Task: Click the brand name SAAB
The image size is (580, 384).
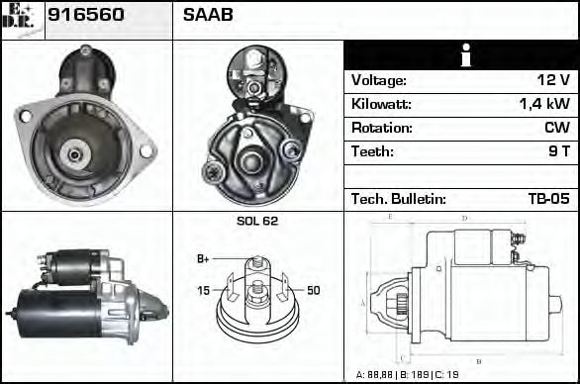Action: point(208,16)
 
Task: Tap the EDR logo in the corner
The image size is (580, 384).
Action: point(22,19)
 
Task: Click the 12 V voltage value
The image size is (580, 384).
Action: point(552,80)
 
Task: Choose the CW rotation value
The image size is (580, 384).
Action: point(556,128)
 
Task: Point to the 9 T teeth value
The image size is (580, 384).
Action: point(559,151)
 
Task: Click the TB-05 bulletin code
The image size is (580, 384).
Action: point(548,199)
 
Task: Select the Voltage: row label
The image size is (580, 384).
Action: point(379,80)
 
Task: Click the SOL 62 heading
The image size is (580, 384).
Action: point(257,221)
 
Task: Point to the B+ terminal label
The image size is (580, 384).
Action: point(203,259)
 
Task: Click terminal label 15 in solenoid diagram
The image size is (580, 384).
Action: point(203,290)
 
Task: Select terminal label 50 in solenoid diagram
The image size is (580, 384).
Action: point(313,290)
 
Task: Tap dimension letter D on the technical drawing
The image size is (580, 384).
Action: point(464,218)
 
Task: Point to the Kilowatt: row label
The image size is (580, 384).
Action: point(381,104)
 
